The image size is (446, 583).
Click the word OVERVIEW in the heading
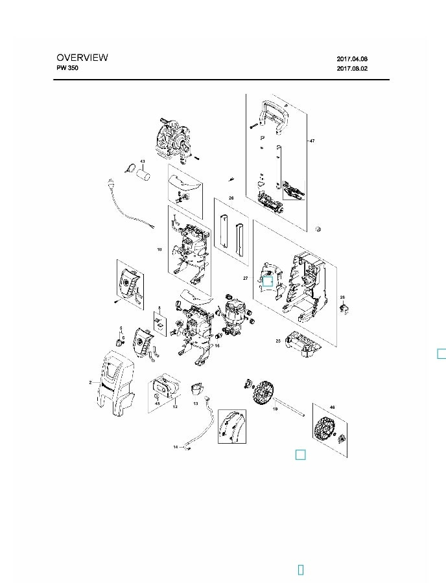click(82, 58)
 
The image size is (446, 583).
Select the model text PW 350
click(67, 68)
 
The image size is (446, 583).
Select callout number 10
click(159, 249)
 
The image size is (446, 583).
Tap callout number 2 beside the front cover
click(91, 383)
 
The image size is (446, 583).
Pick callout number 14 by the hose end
click(174, 447)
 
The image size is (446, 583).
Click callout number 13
click(195, 403)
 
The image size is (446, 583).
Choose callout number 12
click(174, 407)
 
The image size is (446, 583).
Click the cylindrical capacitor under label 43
click(145, 174)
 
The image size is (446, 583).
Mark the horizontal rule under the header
click(221, 79)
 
